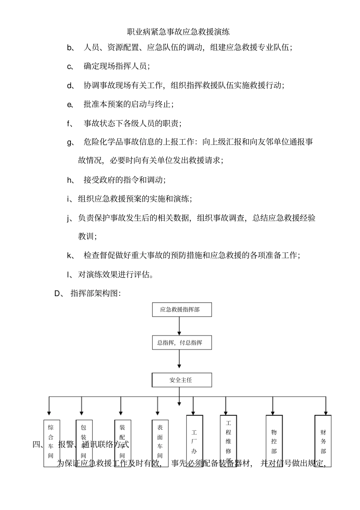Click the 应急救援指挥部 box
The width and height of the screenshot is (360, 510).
pyautogui.click(x=182, y=309)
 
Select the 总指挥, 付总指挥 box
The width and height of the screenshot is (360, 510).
pyautogui.click(x=182, y=342)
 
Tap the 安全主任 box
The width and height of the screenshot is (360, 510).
pyautogui.click(x=182, y=380)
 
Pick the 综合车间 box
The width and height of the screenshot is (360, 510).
pyautogui.click(x=51, y=443)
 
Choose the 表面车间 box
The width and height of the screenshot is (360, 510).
pyautogui.click(x=160, y=443)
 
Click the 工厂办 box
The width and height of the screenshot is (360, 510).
pyautogui.click(x=194, y=440)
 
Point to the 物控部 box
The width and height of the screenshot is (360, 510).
pyautogui.click(x=274, y=440)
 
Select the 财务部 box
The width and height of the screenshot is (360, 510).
pyautogui.click(x=323, y=440)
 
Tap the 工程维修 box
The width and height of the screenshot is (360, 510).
pyautogui.click(x=228, y=440)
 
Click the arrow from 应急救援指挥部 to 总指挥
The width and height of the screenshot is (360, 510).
pyautogui.click(x=179, y=326)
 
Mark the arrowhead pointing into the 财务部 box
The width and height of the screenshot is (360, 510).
pyautogui.click(x=325, y=413)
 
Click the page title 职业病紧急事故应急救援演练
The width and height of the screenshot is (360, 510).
pyautogui.click(x=178, y=32)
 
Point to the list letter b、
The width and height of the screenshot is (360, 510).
pyautogui.click(x=70, y=47)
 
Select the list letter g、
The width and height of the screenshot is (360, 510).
pyautogui.click(x=70, y=142)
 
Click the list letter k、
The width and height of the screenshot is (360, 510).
pyautogui.click(x=70, y=256)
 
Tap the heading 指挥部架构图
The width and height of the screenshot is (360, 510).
pyautogui.click(x=95, y=293)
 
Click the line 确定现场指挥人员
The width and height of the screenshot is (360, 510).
pyautogui.click(x=116, y=66)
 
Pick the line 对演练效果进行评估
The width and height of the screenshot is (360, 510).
pyautogui.click(x=116, y=274)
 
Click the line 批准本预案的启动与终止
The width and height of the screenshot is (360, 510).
pyautogui.click(x=128, y=104)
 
